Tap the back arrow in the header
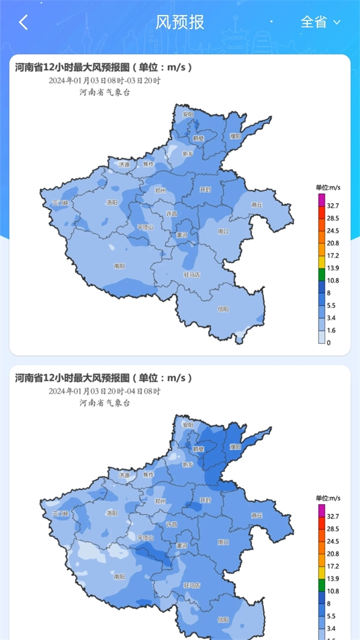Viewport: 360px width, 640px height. (x=23, y=23)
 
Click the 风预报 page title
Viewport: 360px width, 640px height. (x=180, y=23)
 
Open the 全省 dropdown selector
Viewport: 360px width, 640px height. (x=320, y=23)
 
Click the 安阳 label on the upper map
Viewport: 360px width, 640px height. (x=188, y=114)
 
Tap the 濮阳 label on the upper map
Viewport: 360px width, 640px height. (x=235, y=136)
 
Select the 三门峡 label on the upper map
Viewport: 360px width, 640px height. (x=61, y=203)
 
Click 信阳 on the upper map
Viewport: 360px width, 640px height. (x=223, y=309)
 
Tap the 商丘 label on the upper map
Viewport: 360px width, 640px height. (x=257, y=204)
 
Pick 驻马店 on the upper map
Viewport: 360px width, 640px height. (x=191, y=274)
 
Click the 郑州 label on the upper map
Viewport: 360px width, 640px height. (x=160, y=190)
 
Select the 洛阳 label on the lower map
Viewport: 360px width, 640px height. (x=112, y=513)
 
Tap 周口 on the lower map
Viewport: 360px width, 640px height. (x=223, y=542)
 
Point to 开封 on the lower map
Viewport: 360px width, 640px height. (x=206, y=500)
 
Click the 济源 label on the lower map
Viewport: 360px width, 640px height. (x=124, y=474)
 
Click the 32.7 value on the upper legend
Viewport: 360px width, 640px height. (x=334, y=205)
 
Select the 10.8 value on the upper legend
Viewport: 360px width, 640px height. (x=334, y=280)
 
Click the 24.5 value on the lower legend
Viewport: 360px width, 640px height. (x=334, y=541)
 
